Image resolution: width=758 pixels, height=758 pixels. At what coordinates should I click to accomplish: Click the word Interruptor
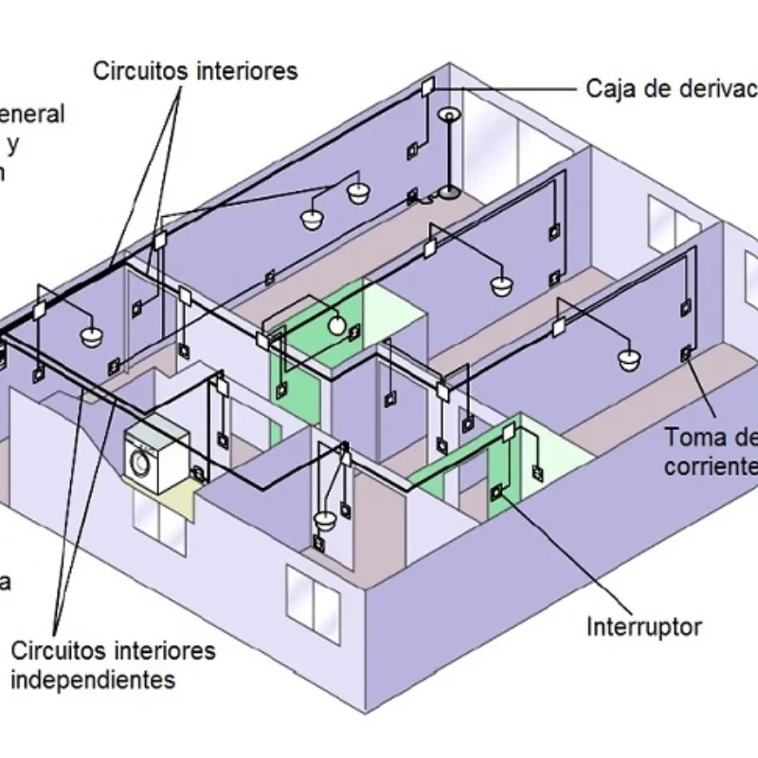pos(643,626)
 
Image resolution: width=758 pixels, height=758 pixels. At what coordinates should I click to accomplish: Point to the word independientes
pos(93,679)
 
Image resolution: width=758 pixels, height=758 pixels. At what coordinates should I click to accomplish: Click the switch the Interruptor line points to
pos(496,491)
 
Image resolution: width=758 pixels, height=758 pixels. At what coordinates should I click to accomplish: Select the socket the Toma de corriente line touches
pos(685,355)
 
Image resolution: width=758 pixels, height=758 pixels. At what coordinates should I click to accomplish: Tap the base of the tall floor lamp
pos(447,193)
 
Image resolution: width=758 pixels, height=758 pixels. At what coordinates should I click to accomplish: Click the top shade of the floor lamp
pos(447,116)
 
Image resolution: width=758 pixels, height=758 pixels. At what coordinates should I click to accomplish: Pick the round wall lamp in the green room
pos(337,326)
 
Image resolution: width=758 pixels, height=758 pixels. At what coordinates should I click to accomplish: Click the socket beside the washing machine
pos(198,471)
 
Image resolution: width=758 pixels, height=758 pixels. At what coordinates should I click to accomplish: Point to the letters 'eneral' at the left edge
pos(32,115)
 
